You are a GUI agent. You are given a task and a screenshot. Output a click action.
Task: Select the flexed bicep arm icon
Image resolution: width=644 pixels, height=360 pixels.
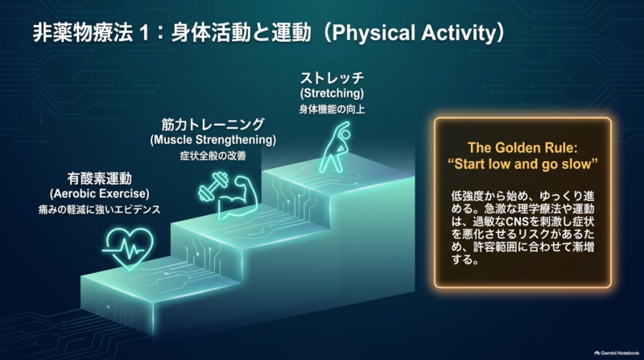239,197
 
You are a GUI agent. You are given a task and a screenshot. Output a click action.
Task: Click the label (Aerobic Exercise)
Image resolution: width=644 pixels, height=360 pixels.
99,193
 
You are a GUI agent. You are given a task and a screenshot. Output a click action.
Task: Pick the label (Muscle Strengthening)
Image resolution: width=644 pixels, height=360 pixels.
213,139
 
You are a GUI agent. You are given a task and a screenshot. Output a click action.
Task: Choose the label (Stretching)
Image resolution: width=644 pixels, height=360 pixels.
332,93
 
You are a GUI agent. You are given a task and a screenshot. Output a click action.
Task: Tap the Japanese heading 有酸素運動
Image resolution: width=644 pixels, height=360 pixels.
99,178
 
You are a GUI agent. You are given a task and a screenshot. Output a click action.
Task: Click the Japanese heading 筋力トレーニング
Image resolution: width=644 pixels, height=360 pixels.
213,124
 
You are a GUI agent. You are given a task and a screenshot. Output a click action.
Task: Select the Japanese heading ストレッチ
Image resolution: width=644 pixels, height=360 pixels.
332,77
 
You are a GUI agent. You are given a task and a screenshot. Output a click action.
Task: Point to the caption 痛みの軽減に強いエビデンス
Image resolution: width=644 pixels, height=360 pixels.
99,209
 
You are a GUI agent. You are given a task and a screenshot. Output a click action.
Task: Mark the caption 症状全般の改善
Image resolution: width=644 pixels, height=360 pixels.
213,156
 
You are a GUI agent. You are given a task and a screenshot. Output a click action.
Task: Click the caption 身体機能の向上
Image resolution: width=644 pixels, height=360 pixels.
332,110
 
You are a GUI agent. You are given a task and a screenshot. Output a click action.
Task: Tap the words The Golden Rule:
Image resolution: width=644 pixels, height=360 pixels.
522,147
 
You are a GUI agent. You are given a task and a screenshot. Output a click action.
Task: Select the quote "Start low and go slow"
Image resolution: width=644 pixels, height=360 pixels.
522,164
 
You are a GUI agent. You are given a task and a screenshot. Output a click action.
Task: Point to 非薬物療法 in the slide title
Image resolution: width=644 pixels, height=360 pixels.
83,33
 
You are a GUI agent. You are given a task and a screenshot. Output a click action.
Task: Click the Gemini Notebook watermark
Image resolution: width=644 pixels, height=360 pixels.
617,353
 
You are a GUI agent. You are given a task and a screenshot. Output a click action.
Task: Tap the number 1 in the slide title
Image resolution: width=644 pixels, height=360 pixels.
144,33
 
